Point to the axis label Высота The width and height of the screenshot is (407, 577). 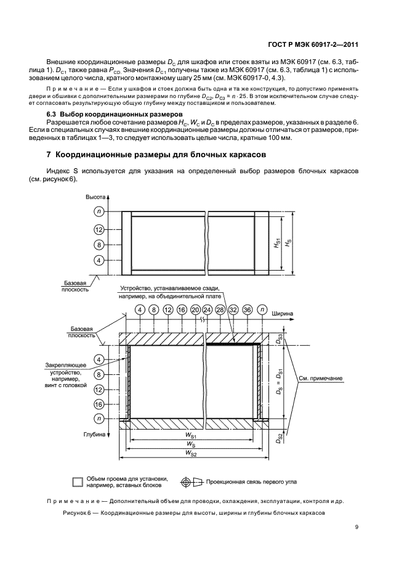pyautogui.click(x=95, y=197)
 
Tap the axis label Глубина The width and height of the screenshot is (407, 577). pyautogui.click(x=95, y=434)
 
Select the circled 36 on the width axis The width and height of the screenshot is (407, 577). pyautogui.click(x=248, y=309)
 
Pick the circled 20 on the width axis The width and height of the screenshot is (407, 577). pyautogui.click(x=196, y=309)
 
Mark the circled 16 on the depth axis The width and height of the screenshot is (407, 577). pyautogui.click(x=99, y=404)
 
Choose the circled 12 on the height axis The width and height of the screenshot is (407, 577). pyautogui.click(x=99, y=229)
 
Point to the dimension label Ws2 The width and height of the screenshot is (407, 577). pyautogui.click(x=190, y=454)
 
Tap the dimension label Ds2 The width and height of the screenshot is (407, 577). pyautogui.click(x=279, y=438)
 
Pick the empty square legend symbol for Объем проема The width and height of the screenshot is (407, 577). pyautogui.click(x=77, y=482)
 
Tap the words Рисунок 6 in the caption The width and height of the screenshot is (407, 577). pyautogui.click(x=78, y=513)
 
